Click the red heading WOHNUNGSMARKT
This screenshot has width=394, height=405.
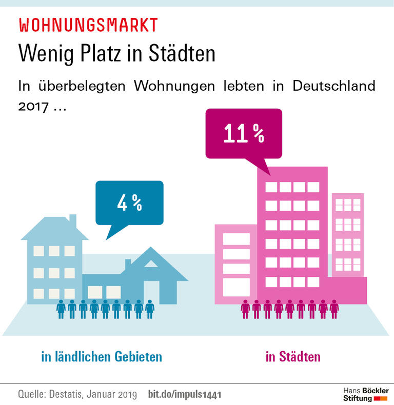click(88, 25)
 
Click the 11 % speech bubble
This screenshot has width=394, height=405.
click(244, 134)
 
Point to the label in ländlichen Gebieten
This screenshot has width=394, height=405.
click(102, 356)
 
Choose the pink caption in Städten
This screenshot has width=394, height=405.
click(293, 356)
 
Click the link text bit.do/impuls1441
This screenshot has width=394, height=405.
click(185, 395)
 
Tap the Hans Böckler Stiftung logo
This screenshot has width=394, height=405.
click(365, 394)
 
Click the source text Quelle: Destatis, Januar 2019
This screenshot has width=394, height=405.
click(77, 395)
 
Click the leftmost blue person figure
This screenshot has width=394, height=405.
click(61, 309)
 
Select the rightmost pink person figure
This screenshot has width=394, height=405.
click(334, 309)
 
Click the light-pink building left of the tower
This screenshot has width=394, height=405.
click(236, 264)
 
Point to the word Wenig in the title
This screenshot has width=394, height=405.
click(43, 53)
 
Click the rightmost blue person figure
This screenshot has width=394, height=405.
click(149, 309)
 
